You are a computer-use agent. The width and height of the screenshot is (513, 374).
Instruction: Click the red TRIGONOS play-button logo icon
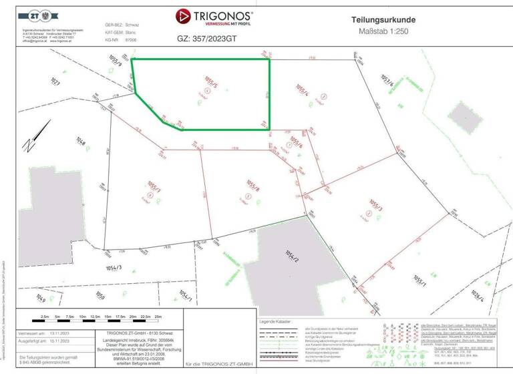183,16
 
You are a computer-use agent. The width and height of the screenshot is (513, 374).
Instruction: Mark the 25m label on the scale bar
159,316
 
